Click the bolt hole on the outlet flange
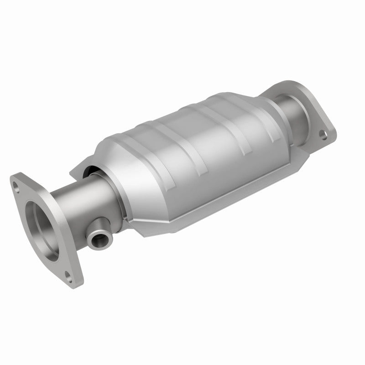tap(323, 135)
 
